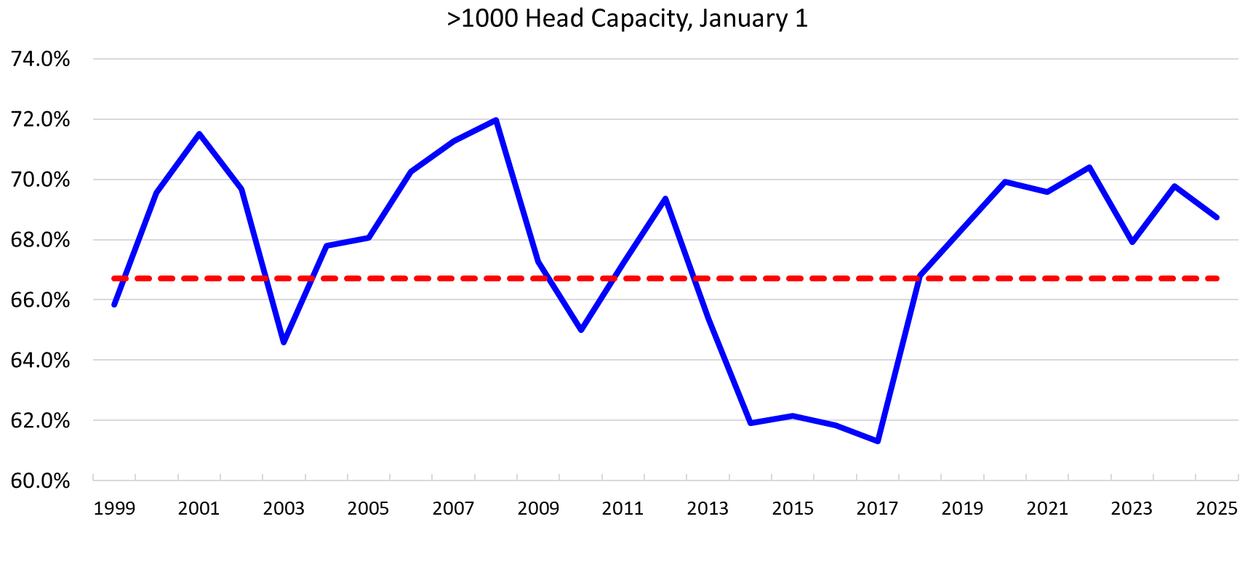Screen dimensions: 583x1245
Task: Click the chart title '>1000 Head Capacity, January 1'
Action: (627, 19)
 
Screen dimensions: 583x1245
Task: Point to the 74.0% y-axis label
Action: (41, 59)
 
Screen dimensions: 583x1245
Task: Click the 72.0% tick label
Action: (41, 119)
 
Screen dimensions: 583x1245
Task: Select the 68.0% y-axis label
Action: (41, 240)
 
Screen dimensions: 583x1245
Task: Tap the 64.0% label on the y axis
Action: (41, 361)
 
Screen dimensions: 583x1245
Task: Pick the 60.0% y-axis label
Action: (41, 481)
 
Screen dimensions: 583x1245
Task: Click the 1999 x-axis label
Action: (114, 508)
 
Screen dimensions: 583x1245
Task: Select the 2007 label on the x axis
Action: (453, 508)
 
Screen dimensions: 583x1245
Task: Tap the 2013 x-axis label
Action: (708, 508)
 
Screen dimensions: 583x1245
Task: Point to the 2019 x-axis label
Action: (962, 508)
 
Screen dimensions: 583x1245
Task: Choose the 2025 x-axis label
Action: (1217, 508)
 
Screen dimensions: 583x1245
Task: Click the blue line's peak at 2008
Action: (496, 120)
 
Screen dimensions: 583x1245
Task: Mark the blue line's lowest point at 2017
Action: (878, 441)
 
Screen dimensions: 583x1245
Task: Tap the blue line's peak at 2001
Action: (199, 134)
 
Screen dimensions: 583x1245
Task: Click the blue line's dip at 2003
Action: (284, 342)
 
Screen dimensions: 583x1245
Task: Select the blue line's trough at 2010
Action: (581, 330)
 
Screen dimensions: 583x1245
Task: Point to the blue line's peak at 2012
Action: (665, 198)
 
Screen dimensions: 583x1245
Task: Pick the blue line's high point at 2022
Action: (1089, 167)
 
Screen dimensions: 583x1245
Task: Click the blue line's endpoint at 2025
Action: (1217, 217)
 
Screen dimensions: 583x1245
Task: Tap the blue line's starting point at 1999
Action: (114, 305)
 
